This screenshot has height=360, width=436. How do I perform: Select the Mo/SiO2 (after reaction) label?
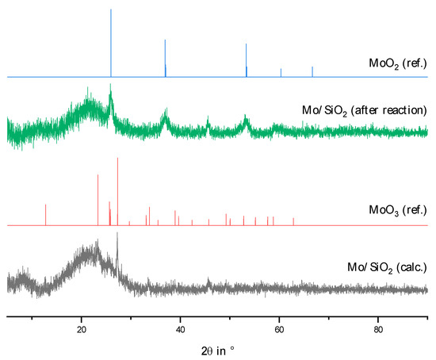(x=362, y=110)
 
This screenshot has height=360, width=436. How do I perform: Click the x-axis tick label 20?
(x=82, y=329)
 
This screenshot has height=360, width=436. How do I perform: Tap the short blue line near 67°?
(x=312, y=72)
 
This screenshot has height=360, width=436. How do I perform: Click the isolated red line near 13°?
(x=46, y=215)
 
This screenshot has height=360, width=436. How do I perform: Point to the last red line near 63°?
(x=293, y=221)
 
